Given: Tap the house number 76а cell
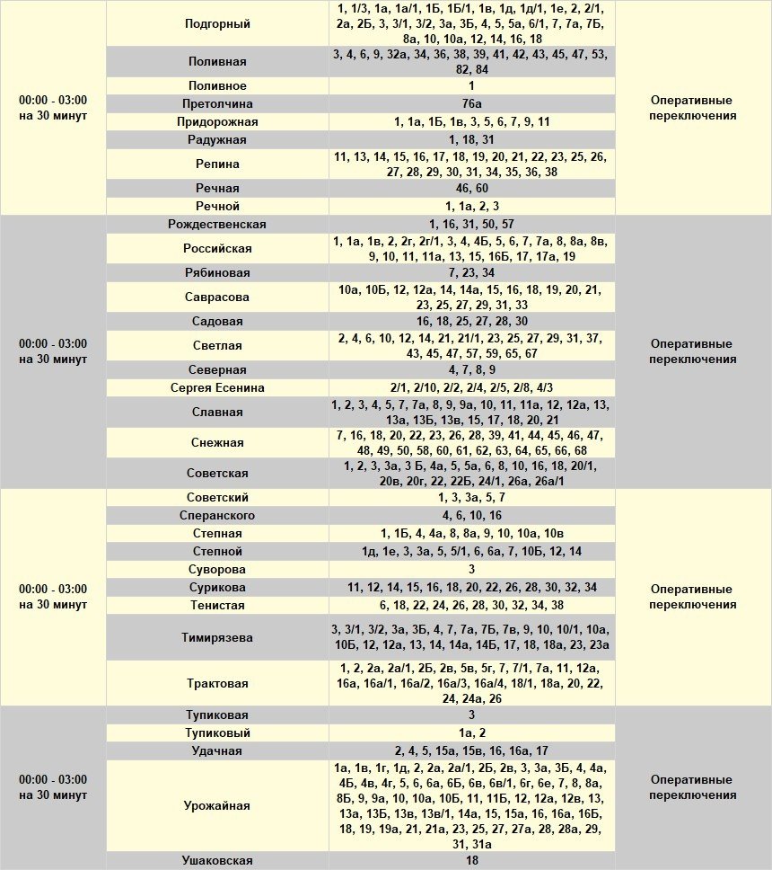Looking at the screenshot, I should tap(471, 103).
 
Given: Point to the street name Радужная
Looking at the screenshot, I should tap(217, 140).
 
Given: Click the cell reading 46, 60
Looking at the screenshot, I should tap(471, 188).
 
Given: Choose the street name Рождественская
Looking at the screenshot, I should tap(217, 224).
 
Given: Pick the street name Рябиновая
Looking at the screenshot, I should tap(217, 272).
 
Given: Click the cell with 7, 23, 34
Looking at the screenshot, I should tap(471, 272).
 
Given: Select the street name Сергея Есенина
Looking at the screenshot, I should tap(217, 388).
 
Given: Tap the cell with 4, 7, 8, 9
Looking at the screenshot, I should tap(471, 369).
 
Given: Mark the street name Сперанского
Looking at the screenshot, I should tap(217, 516).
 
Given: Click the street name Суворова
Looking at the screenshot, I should tap(217, 569).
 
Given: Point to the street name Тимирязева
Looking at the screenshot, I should tap(217, 637).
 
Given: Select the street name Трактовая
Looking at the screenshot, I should tap(217, 684).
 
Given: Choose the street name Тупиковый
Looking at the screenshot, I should tap(217, 733).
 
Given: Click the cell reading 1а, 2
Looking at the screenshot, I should tap(471, 733).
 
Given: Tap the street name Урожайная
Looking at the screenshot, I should tap(217, 805).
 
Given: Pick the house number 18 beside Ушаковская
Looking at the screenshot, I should tap(471, 861).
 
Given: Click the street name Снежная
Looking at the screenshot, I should tap(217, 442).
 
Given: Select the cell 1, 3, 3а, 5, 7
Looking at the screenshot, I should tap(471, 497).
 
